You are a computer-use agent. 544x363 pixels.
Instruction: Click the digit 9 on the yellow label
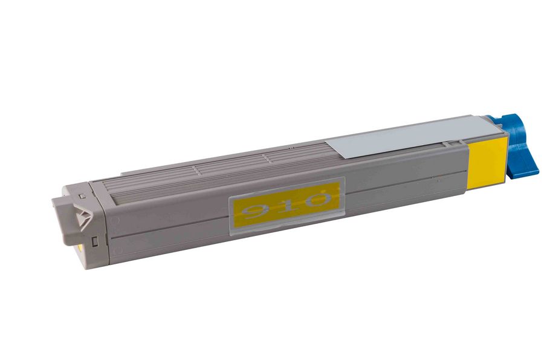click(255, 211)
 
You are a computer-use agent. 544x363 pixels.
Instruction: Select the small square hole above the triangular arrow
click(82, 196)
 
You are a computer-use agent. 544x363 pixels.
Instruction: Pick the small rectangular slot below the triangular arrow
click(94, 241)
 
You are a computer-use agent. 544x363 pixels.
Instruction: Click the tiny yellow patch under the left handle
click(80, 247)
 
